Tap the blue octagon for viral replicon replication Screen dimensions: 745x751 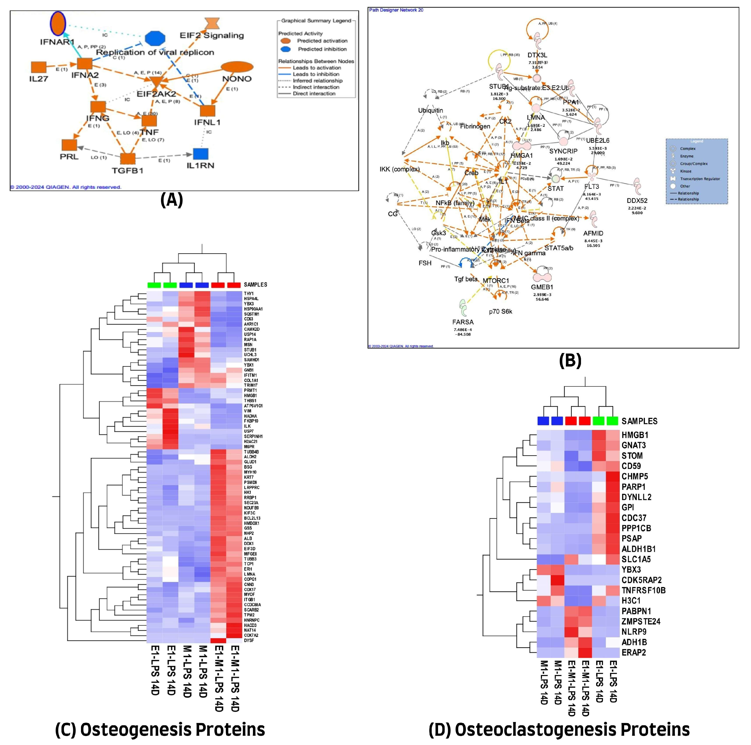click(x=155, y=39)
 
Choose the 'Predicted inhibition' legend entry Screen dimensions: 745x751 click(x=322, y=49)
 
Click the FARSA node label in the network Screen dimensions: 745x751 click(x=462, y=322)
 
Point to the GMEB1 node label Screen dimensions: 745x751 click(x=542, y=287)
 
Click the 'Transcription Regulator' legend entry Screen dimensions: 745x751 click(x=700, y=179)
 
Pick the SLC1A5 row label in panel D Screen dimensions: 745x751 click(x=636, y=559)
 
